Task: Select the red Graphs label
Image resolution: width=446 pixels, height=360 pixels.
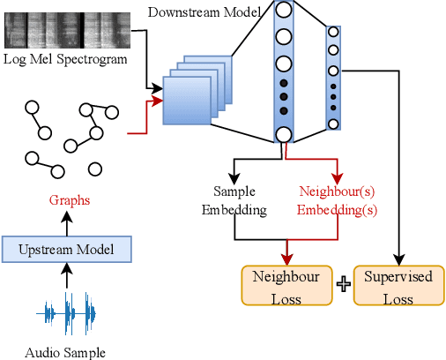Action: click(70, 200)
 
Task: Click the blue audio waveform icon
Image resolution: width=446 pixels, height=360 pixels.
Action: click(70, 314)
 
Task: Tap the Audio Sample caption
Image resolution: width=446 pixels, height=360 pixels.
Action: click(65, 352)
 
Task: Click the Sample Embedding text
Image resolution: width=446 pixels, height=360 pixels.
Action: click(234, 199)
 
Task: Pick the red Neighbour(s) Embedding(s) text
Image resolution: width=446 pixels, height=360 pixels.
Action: click(336, 199)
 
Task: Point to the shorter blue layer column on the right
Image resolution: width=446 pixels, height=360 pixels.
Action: click(333, 78)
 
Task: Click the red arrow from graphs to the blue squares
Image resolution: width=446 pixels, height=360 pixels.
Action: click(145, 115)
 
